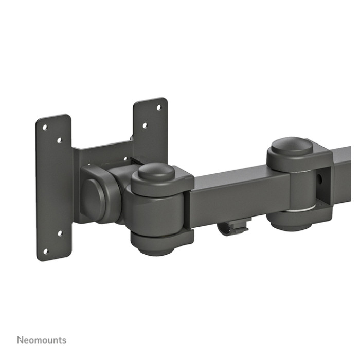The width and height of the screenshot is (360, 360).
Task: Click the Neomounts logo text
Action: (42, 340)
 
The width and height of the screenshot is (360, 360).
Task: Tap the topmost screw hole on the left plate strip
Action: (45, 127)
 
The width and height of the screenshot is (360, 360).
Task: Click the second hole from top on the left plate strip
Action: (60, 140)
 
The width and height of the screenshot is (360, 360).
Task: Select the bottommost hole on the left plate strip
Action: (46, 251)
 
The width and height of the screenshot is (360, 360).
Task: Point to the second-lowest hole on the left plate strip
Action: (60, 233)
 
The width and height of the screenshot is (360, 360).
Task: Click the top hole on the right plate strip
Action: (159, 107)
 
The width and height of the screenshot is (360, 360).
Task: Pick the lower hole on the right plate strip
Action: (145, 125)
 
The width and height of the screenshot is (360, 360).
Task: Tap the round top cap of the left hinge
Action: (156, 172)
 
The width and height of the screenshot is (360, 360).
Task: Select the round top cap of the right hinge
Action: (292, 147)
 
